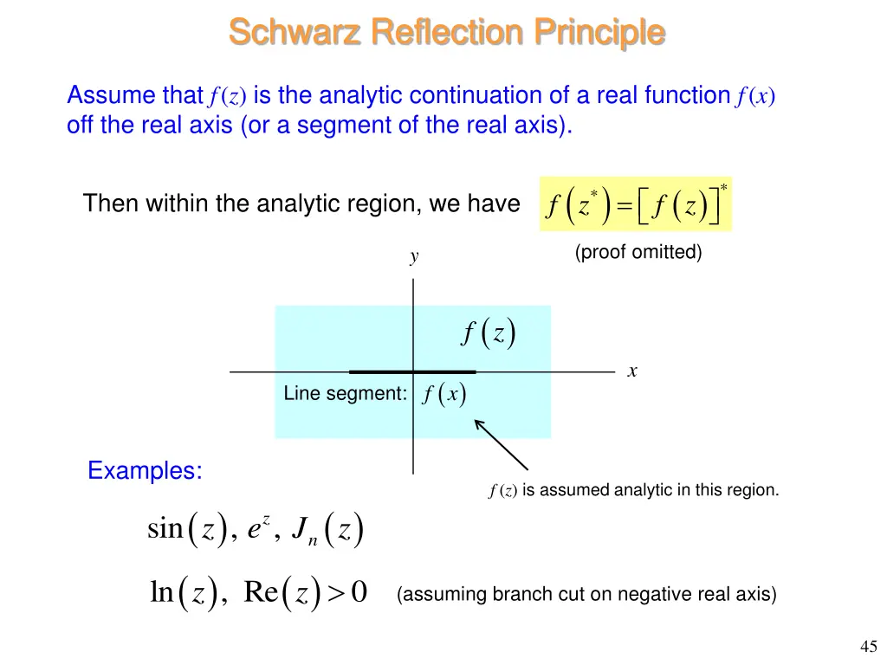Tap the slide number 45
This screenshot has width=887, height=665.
pos(869,646)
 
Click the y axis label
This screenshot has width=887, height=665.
pos(414,256)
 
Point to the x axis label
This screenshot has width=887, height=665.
pos(632,371)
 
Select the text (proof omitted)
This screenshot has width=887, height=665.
pos(638,252)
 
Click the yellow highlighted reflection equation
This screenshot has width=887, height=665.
pos(635,204)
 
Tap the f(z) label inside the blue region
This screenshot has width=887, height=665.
pos(489,332)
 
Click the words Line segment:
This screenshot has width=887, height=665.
pos(345,394)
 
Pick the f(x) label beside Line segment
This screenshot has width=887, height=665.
pos(444,395)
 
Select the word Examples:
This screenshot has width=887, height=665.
pos(145,471)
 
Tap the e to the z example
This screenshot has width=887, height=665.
pos(258,528)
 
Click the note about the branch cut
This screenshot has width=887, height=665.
pos(586,594)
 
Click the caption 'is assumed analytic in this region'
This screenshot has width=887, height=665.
pos(650,490)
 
